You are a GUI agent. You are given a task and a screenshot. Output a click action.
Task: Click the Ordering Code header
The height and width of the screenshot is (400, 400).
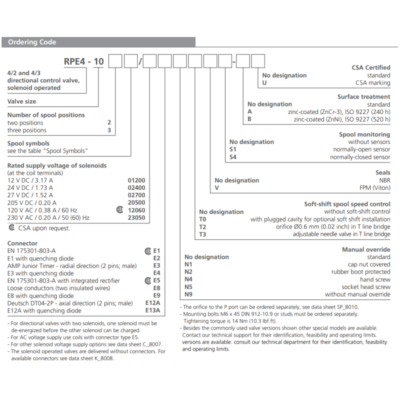[x=32, y=42]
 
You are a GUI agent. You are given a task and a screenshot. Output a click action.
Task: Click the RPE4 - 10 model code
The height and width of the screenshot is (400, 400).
[x=83, y=62]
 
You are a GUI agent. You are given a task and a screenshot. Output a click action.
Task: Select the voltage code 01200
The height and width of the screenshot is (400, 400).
[x=136, y=180]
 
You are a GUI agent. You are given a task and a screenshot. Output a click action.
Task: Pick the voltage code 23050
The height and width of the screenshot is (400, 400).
[x=136, y=217]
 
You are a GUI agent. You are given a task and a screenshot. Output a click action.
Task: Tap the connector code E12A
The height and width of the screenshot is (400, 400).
[x=152, y=303]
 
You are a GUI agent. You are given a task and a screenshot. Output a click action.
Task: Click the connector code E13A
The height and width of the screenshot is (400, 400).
[x=152, y=310]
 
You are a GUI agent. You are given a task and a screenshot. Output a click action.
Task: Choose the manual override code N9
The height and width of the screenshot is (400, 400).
[x=188, y=294]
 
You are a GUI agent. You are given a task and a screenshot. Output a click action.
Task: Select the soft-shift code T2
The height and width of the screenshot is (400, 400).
[x=202, y=226]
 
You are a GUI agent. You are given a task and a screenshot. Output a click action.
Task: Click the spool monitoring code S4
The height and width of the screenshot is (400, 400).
[x=232, y=157]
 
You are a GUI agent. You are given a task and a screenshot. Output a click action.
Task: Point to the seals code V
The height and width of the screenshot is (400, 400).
[x=217, y=188]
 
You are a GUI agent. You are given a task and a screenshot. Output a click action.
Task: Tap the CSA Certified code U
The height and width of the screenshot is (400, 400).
[x=264, y=83]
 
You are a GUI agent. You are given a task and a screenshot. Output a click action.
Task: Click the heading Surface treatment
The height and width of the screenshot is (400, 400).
[x=363, y=97]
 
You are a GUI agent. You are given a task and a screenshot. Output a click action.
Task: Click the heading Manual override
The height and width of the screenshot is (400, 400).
[x=366, y=249]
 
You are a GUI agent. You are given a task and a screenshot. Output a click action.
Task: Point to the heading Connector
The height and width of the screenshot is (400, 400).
[x=22, y=243]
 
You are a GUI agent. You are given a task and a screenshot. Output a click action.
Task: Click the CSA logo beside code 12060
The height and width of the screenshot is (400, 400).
[x=119, y=210]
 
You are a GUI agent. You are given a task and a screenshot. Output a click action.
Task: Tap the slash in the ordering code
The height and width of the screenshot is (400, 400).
[x=140, y=62]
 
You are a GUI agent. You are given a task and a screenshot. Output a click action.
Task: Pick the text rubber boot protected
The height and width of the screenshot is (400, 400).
[x=360, y=272]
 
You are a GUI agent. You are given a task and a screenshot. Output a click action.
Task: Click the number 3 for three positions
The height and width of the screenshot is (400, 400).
[x=109, y=130]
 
